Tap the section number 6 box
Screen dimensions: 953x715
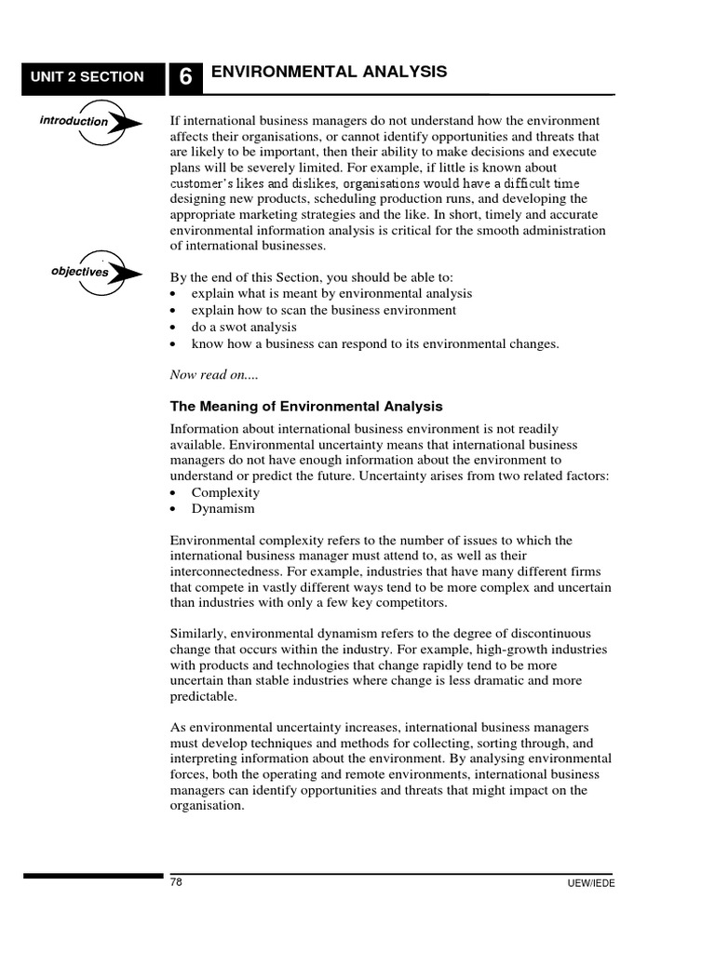185,78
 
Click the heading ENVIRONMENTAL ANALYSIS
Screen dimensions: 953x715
329,72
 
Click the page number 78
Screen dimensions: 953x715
176,882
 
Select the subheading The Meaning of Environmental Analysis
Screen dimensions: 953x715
306,407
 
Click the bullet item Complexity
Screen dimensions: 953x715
225,492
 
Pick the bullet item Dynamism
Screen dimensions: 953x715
223,509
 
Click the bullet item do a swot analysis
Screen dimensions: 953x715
244,327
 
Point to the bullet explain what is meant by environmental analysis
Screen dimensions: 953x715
331,293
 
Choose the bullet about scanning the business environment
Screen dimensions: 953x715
323,310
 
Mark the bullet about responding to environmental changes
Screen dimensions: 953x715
374,343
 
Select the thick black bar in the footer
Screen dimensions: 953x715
92,875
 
